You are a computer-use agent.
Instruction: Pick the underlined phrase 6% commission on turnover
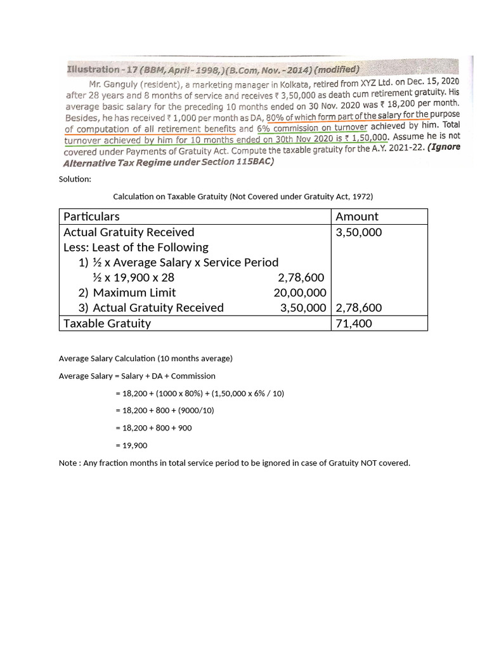[311, 128]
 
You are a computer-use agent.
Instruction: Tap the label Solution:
[75, 179]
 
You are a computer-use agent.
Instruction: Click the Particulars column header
[91, 216]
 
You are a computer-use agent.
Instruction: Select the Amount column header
[357, 216]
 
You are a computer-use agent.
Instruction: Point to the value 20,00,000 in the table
[300, 293]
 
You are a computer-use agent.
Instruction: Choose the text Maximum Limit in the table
[134, 293]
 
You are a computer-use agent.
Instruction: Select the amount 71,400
[354, 323]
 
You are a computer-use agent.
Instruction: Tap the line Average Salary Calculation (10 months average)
[146, 358]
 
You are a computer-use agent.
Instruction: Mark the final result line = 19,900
[131, 445]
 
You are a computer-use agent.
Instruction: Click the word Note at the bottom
[68, 463]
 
